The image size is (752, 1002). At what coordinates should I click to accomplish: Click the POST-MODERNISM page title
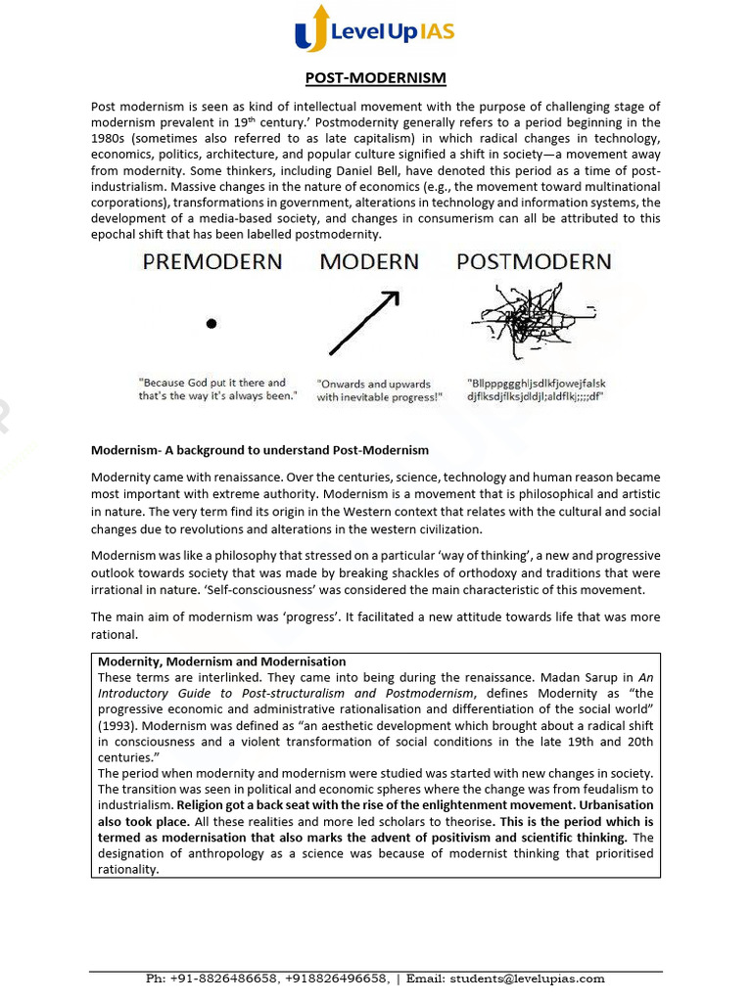[375, 78]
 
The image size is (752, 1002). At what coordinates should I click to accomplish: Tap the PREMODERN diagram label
[211, 262]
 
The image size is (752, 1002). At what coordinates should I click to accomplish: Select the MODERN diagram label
[369, 262]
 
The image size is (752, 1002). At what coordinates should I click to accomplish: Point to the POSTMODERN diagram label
[534, 262]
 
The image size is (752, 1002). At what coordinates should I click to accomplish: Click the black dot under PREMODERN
[211, 323]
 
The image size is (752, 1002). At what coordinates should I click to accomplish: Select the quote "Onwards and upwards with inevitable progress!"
[379, 390]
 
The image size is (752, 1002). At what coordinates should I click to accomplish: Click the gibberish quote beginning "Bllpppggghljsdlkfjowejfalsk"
[537, 389]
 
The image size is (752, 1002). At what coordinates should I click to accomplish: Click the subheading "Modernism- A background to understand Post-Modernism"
[259, 450]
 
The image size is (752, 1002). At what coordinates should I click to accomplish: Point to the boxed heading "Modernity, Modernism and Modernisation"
[222, 661]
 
